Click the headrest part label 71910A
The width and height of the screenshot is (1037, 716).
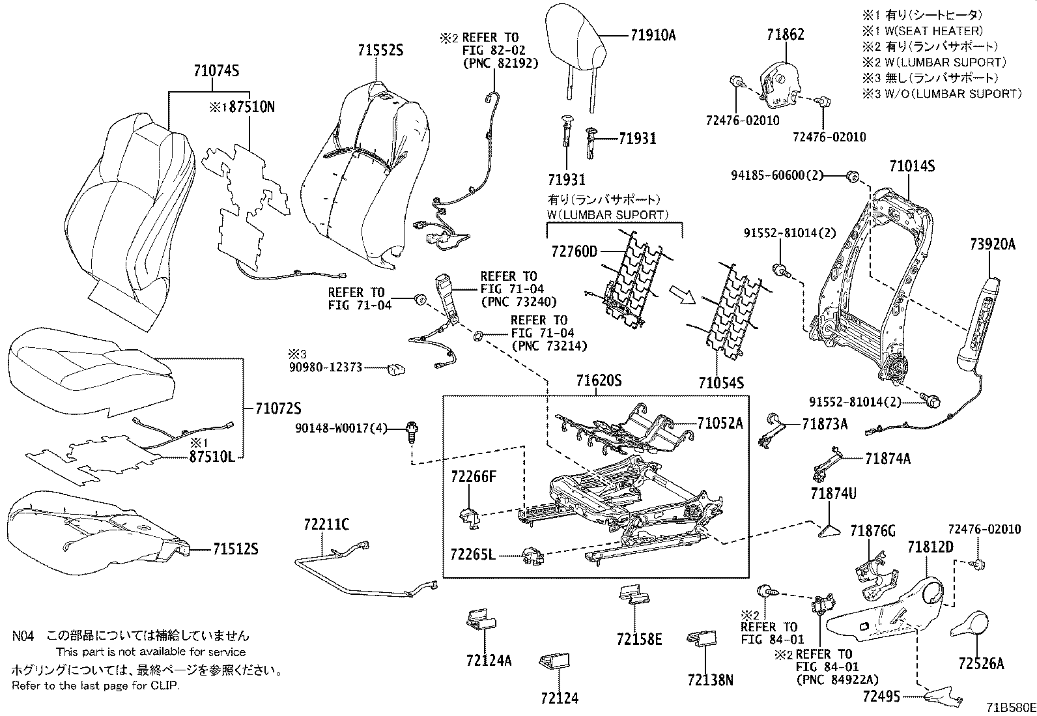652,36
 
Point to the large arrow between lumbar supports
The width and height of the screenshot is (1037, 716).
683,296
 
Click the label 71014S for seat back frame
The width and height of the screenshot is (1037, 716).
912,167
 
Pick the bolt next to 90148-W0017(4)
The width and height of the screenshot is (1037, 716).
412,431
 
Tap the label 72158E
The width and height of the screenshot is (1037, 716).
639,640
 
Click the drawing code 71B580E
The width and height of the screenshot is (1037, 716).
1010,707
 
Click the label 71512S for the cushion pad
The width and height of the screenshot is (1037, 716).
234,550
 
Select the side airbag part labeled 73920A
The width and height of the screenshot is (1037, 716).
979,324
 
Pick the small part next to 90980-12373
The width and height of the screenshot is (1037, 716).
395,369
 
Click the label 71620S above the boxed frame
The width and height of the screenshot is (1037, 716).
599,380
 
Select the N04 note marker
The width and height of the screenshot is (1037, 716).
22,635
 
